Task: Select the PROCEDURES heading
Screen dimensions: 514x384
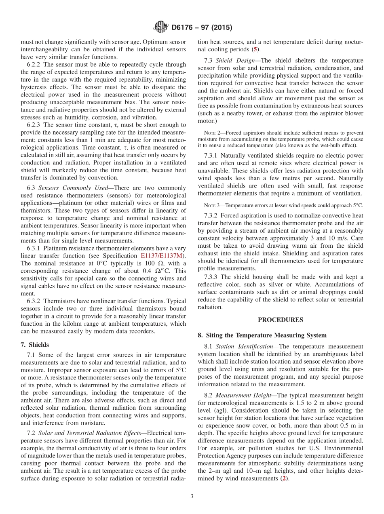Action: [281, 320]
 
